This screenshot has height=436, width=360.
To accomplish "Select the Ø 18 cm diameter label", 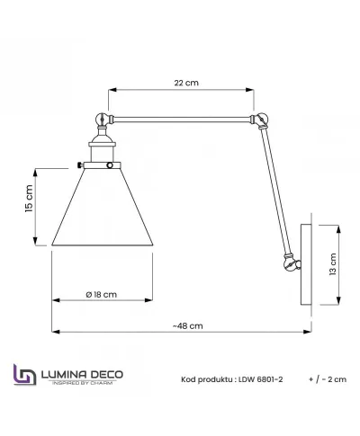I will coord(101,295).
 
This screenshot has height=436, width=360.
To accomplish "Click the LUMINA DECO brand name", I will coord(80,372).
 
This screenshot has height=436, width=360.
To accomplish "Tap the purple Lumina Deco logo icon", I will coord(23,377).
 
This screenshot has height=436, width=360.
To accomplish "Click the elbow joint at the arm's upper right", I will coord(260,120).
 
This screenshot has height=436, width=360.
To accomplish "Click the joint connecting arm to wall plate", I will coord(290,264).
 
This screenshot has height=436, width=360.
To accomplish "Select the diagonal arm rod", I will coord(274,189).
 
